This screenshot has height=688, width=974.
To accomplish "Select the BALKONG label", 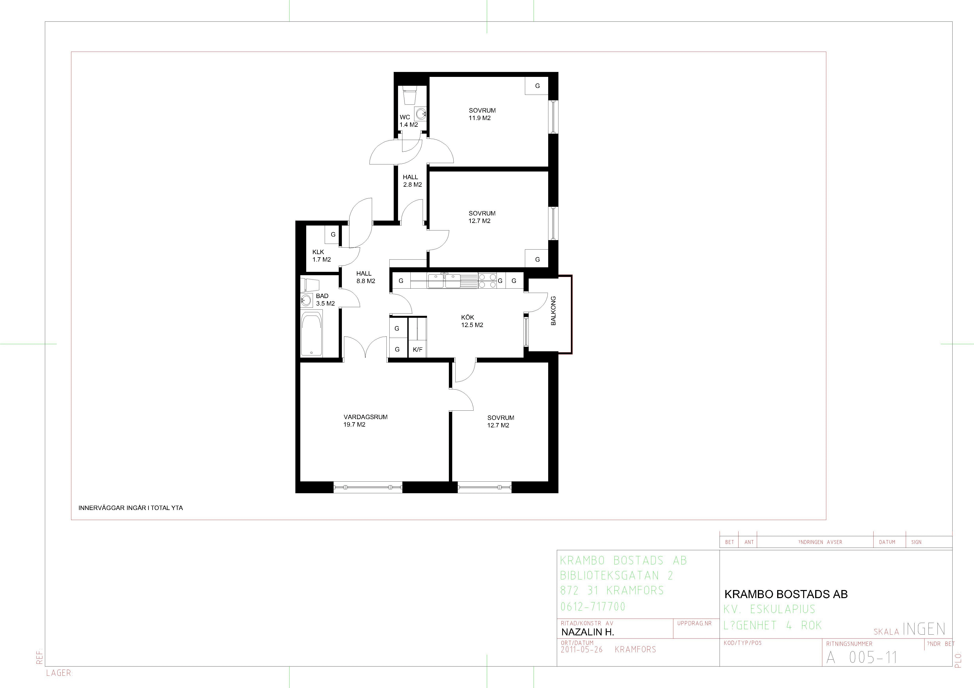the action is (553, 311).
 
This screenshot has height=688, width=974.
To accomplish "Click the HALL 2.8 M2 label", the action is (412, 181).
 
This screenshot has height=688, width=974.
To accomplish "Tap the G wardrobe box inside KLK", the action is (333, 234).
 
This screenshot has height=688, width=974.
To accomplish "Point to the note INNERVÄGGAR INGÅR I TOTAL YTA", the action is (131, 508).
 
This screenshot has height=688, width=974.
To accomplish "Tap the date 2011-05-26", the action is (582, 649).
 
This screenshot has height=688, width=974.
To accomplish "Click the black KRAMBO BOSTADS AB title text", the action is (786, 594).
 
